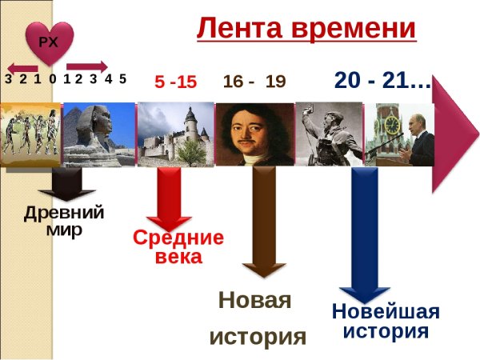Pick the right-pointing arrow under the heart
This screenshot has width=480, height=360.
pos(86,67)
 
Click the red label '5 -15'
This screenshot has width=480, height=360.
pos(175,82)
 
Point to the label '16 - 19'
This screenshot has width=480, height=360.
pos(254,82)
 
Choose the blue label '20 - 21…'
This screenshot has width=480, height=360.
pos(382,80)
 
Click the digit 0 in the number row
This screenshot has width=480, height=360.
pos(52,79)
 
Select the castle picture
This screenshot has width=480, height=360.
pos(175,133)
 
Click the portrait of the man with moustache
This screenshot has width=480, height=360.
pos(254,133)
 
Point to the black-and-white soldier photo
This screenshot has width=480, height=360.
pos(328,133)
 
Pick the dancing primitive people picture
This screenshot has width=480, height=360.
pos(30,134)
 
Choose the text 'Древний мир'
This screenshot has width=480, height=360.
pos(64,221)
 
